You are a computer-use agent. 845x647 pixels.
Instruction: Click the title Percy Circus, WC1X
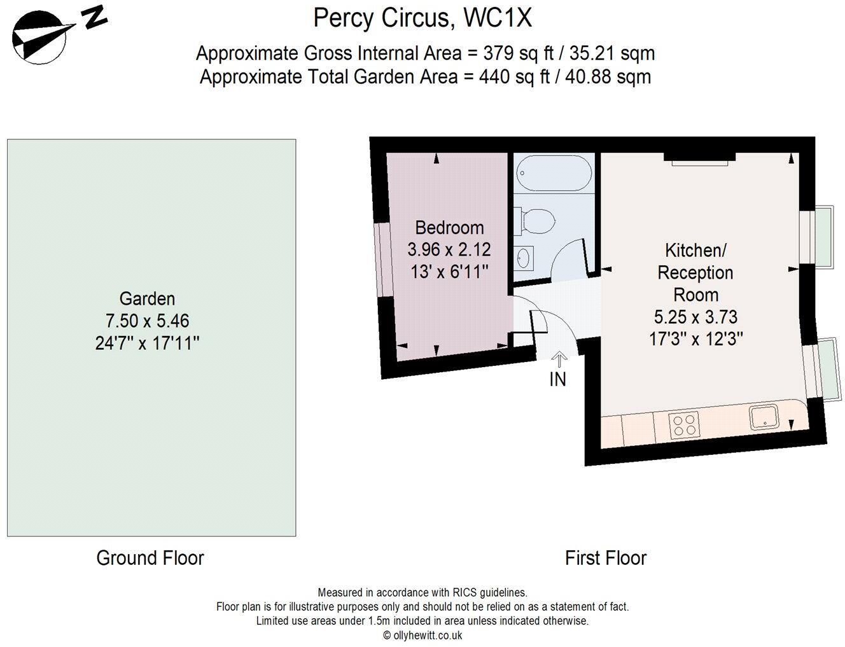[422, 18]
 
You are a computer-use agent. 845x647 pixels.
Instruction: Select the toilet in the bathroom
[536, 222]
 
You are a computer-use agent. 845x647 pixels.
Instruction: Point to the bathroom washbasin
[524, 258]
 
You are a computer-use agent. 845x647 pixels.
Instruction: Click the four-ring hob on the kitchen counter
[684, 424]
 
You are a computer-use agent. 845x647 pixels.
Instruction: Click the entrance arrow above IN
[558, 359]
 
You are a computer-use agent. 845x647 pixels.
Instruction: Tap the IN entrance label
[557, 380]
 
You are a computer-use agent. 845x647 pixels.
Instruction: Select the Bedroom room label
[449, 228]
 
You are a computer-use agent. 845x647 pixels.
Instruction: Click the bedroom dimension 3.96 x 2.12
[449, 249]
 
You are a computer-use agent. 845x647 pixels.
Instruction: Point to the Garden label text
[147, 298]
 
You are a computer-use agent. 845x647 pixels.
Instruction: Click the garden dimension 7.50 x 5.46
[147, 321]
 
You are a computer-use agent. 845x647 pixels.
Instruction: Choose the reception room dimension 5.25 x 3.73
[696, 317]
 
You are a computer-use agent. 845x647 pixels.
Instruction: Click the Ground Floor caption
[150, 558]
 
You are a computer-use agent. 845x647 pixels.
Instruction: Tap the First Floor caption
[606, 558]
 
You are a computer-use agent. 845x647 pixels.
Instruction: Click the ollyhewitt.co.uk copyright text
[422, 635]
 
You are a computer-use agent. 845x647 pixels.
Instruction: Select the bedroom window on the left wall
[380, 260]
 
